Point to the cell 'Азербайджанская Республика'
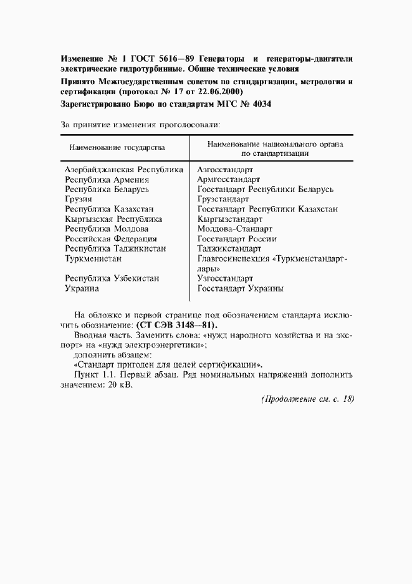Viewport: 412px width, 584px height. tap(124, 169)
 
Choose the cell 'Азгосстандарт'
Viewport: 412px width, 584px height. tap(224, 169)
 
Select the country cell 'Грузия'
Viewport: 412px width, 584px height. tap(79, 199)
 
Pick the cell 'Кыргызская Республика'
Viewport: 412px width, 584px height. tap(113, 219)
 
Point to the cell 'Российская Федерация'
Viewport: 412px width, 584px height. tap(111, 239)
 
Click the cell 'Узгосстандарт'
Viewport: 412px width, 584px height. tap(225, 279)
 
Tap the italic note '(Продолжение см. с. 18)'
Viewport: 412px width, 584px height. tap(307, 399)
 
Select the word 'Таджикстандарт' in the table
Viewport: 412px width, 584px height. tap(229, 249)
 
